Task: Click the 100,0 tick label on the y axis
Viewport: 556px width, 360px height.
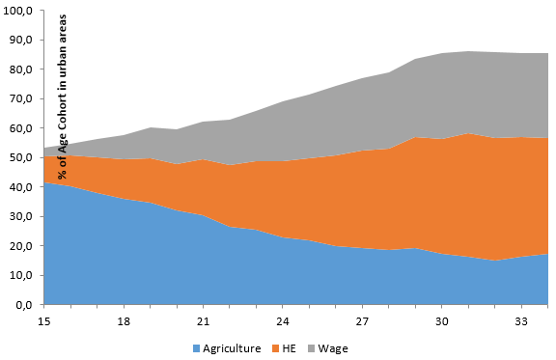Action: tap(18, 10)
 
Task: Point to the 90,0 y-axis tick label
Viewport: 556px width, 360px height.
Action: tap(20, 40)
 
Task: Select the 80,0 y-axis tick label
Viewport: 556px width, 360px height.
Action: tap(20, 69)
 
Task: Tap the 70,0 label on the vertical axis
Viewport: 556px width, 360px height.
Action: tap(20, 98)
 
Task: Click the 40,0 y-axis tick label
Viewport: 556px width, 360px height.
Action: tap(20, 187)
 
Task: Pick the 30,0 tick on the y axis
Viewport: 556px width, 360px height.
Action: tap(20, 216)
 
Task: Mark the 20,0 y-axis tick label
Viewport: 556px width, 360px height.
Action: tap(20, 246)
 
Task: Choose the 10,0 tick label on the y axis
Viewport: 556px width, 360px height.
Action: tap(20, 275)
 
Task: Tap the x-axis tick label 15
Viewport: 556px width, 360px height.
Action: tap(43, 319)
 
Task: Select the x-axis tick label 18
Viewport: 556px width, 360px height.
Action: tap(124, 319)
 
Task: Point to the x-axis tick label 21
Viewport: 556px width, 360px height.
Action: tap(204, 319)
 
